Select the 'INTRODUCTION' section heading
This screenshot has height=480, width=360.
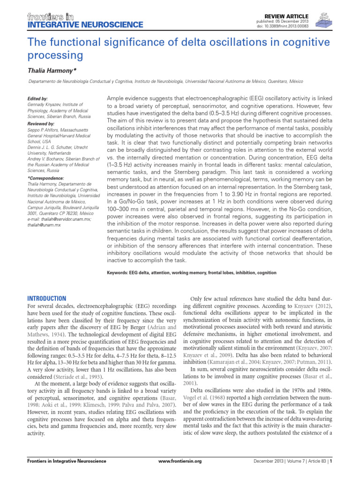[x=47, y=299]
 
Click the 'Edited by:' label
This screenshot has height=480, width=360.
[x=38, y=99]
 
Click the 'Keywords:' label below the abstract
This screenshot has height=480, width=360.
[x=119, y=273]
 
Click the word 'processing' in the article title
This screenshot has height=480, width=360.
[x=56, y=55]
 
